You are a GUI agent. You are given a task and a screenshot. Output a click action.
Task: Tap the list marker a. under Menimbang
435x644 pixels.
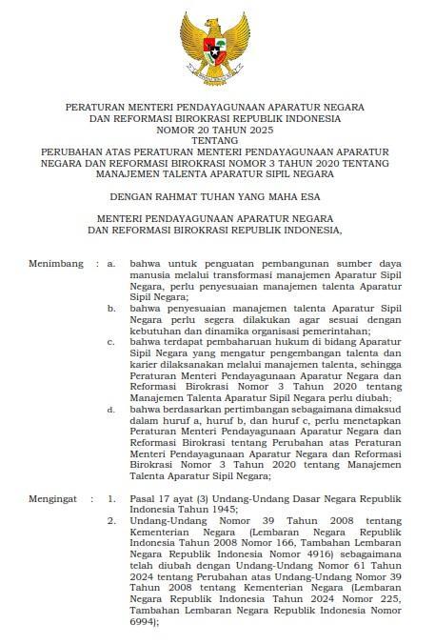click(111, 262)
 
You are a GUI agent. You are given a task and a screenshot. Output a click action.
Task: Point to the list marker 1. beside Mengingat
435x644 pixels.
click(111, 497)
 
